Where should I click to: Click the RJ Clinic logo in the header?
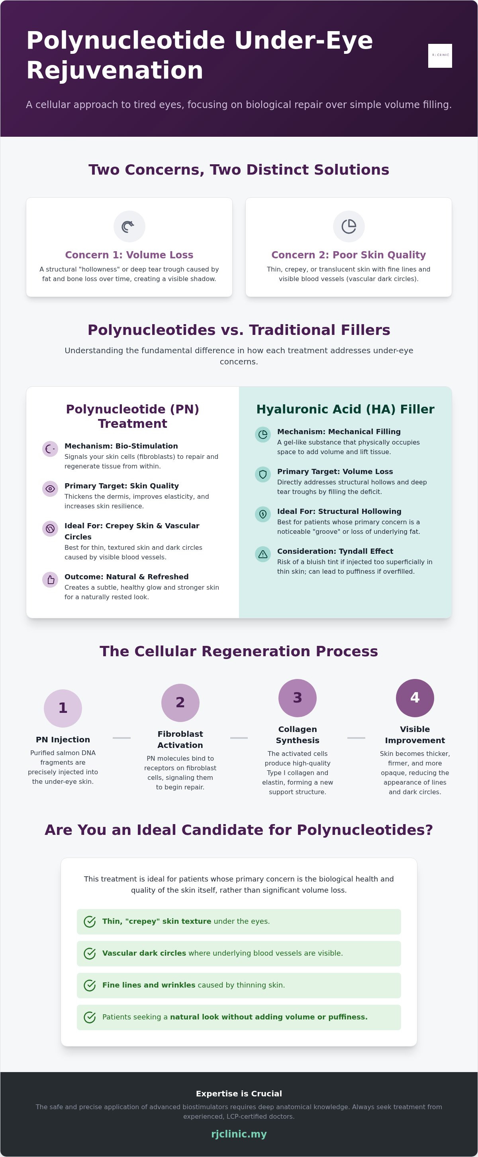(440, 56)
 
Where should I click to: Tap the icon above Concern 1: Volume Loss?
(129, 226)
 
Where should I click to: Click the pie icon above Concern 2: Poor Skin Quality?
(349, 226)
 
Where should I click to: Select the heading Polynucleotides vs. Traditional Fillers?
(239, 330)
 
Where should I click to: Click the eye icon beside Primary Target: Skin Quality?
(50, 489)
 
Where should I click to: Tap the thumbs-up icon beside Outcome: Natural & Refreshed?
(50, 580)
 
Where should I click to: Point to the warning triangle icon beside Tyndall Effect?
(263, 554)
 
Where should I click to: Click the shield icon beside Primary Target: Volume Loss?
(263, 474)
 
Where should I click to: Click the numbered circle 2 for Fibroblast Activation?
(180, 703)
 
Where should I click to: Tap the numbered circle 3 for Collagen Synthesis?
(298, 698)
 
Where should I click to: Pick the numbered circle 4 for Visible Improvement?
(415, 698)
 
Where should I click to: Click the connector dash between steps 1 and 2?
(121, 738)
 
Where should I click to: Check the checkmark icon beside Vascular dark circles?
(90, 954)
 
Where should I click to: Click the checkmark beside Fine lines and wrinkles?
(90, 986)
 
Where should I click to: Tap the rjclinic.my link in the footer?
(239, 1134)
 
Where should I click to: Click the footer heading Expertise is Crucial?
(239, 1094)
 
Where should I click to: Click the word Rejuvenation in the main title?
(115, 71)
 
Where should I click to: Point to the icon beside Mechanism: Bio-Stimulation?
(50, 449)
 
